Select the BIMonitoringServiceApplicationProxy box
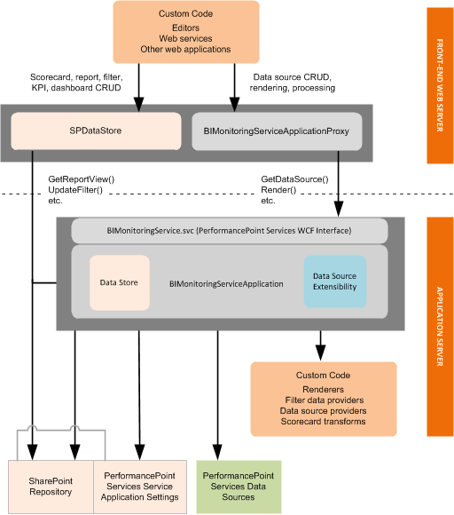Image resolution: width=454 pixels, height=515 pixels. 277,131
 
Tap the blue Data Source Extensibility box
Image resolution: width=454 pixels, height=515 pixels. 334,282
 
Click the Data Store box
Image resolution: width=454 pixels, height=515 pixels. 120,282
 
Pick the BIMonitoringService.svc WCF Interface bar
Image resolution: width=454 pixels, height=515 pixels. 229,230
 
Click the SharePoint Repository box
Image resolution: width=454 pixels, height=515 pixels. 51,486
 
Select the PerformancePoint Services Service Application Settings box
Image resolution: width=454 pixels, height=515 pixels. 140,486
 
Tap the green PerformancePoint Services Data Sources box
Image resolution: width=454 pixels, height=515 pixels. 235,486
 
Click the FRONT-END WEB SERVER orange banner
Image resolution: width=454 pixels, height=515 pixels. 440,85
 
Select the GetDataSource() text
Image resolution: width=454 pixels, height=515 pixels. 294,179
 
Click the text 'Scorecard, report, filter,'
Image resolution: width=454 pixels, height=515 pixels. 75,77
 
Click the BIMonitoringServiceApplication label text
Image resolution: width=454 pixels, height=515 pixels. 226,284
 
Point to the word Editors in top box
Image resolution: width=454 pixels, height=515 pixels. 185,27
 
